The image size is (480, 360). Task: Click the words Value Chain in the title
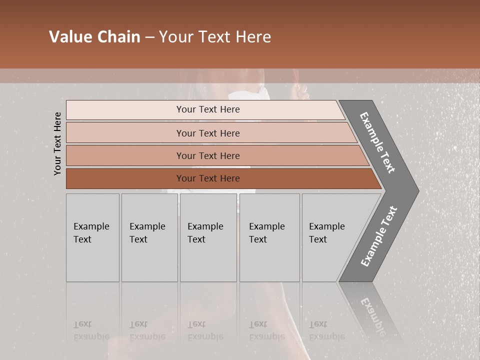94,37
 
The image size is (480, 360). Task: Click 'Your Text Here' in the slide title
215,37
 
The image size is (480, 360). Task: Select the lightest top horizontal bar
207,109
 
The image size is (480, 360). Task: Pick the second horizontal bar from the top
207,133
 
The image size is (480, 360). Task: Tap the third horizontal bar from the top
207,155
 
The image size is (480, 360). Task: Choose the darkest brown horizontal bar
207,178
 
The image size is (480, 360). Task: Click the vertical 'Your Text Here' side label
57,143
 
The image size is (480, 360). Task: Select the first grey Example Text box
92,237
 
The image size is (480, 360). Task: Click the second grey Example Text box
149,237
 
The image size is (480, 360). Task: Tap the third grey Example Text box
207,237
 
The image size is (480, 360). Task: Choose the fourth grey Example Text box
269,237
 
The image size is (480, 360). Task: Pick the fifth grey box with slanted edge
330,237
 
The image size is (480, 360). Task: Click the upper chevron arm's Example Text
377,142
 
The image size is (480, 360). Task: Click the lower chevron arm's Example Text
378,236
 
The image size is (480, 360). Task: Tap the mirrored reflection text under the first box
91,330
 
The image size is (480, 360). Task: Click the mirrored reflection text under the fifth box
326,330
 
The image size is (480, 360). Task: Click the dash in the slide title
149,37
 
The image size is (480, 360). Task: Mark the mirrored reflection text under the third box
205,330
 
